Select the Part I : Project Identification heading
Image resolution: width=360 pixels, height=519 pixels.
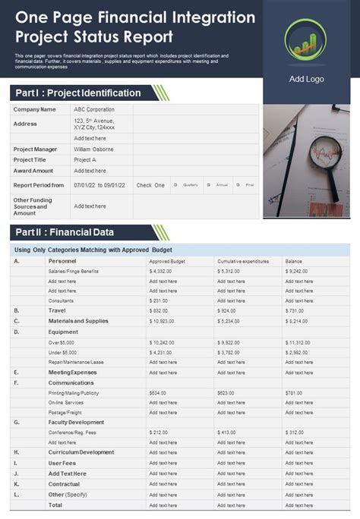click(x=77, y=93)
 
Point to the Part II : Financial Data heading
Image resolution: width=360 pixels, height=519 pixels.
click(x=65, y=232)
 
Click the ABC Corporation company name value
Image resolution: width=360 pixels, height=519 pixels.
click(x=94, y=109)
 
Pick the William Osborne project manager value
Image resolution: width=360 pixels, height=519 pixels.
click(x=93, y=149)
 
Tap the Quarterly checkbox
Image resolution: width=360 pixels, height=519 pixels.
click(x=175, y=185)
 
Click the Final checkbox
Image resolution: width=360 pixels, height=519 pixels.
click(x=239, y=185)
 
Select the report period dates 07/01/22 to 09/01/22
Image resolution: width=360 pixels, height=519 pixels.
click(x=99, y=185)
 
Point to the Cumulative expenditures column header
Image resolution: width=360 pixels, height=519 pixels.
click(x=243, y=261)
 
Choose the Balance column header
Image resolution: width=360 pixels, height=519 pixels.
click(x=294, y=261)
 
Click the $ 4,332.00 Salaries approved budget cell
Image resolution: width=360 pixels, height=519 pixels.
click(x=161, y=271)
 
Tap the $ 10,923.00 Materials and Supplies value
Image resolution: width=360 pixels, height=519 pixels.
click(x=163, y=321)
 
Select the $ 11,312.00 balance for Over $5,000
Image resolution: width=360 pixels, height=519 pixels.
click(x=299, y=342)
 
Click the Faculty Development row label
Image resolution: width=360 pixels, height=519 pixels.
click(x=77, y=422)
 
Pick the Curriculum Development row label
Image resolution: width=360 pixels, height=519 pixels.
click(x=81, y=452)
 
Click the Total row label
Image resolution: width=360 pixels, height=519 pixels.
click(x=55, y=505)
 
